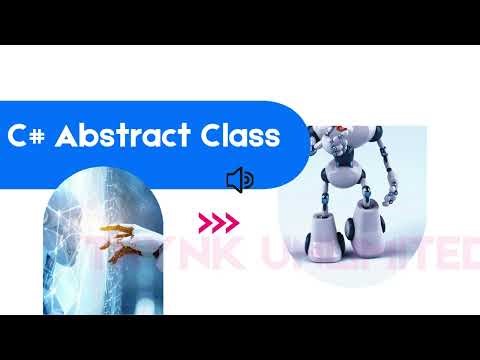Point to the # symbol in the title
click(37, 137)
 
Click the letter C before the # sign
click(17, 137)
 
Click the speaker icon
click(240, 180)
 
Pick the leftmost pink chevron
click(204, 221)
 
